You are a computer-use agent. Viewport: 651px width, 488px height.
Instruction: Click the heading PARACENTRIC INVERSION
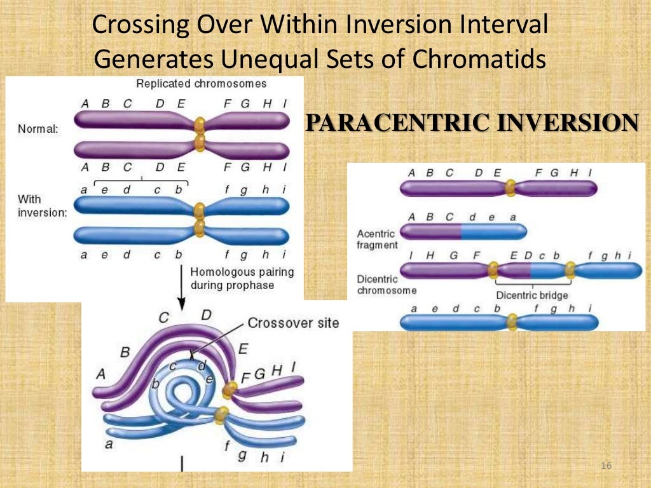pos(472,122)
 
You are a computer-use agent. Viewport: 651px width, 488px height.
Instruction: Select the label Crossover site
pos(292,323)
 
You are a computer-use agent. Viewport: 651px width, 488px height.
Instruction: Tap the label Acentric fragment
pos(377,240)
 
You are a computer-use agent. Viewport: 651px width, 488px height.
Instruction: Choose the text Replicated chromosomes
pos(202,83)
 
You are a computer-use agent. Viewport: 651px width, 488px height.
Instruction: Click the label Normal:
pos(38,128)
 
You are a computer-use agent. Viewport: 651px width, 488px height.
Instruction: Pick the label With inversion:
pos(42,205)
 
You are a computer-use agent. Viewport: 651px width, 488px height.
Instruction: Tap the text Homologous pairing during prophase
pos(242,278)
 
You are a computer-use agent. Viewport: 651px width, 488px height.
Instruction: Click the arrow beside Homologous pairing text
pos(182,286)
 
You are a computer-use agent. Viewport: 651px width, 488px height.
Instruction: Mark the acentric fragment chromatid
pos(463,231)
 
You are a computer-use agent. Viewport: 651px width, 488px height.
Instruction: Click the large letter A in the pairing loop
pos(100,374)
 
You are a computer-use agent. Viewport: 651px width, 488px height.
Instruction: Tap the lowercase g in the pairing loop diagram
pos(242,455)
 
